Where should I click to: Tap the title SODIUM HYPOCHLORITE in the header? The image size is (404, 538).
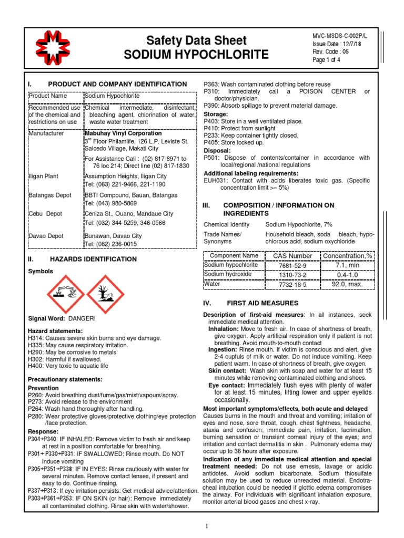point(196,55)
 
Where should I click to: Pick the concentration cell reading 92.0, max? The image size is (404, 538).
point(347,284)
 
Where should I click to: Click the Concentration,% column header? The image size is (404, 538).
point(347,256)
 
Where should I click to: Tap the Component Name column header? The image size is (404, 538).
point(234,256)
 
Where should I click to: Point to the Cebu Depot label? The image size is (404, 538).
point(48,214)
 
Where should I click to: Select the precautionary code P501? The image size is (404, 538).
point(211,158)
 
